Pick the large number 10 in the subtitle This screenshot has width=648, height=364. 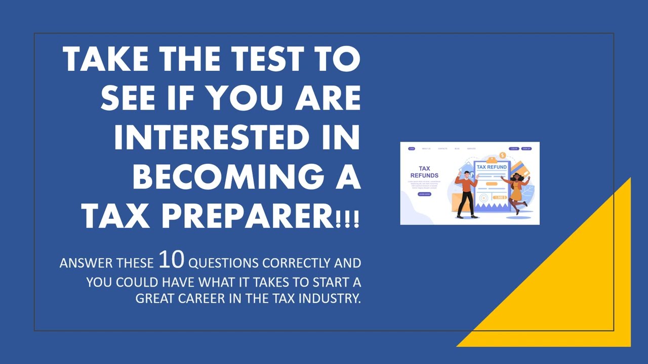(172, 259)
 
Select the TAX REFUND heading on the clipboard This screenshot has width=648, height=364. (492, 167)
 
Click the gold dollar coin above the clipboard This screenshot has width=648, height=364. (502, 155)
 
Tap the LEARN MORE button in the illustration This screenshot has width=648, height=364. (424, 194)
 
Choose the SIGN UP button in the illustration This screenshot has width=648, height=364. (526, 149)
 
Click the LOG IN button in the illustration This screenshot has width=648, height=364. (514, 149)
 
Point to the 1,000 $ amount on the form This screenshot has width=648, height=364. (500, 197)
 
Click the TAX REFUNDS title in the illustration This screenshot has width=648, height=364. (424, 172)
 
